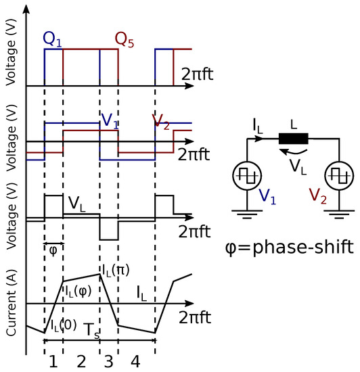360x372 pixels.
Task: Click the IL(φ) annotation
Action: [x=78, y=291]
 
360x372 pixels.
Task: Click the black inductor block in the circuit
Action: [x=294, y=139]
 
